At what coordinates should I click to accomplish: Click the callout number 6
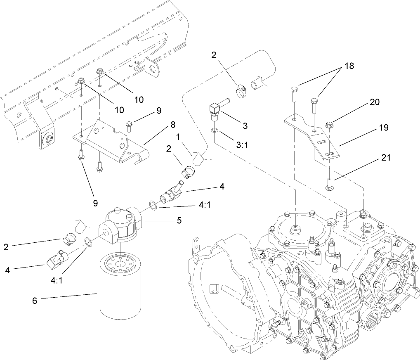(x=35, y=301)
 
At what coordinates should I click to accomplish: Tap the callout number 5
(x=179, y=221)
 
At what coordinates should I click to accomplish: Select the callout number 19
(x=383, y=128)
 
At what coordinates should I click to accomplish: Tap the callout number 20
(x=375, y=102)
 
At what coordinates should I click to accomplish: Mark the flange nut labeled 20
(x=330, y=123)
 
